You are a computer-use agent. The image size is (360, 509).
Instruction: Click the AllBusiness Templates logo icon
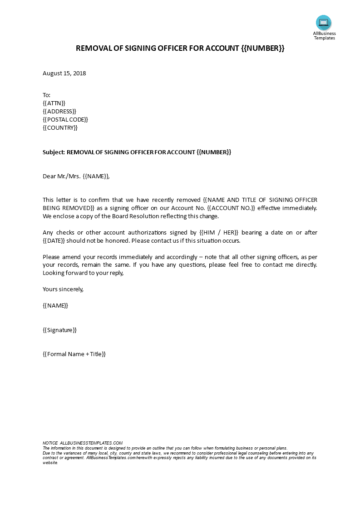(x=324, y=23)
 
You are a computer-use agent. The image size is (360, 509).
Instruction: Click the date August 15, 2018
(x=64, y=73)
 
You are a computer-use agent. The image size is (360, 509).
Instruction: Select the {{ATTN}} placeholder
(x=54, y=103)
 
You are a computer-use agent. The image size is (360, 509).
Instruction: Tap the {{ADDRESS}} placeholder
(x=59, y=111)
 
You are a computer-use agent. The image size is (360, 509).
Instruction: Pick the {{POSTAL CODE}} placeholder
(x=65, y=119)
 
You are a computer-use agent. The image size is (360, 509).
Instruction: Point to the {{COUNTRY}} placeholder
(x=60, y=127)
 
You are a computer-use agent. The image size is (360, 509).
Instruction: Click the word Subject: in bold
(x=54, y=152)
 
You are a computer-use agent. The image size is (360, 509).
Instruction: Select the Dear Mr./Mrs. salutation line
(x=76, y=176)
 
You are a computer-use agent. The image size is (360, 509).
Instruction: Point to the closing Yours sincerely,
(x=63, y=289)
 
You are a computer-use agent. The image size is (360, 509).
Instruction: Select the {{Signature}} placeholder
(x=59, y=330)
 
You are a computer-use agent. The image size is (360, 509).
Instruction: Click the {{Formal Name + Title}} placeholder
(x=74, y=354)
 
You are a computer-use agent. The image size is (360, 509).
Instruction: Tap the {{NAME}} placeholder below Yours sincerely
(x=55, y=305)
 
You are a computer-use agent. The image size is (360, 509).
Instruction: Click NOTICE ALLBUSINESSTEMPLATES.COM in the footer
(x=83, y=443)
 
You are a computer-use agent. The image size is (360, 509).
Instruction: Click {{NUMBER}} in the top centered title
(x=262, y=49)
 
